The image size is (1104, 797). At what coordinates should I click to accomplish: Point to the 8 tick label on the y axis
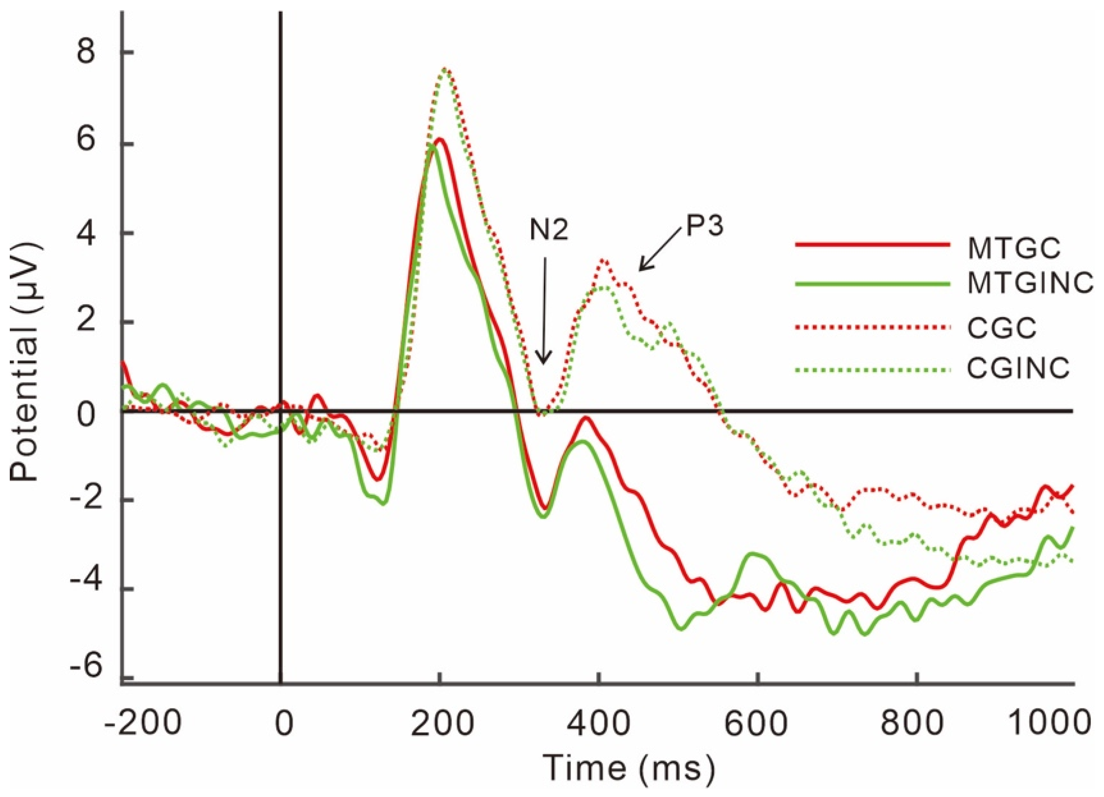click(x=88, y=52)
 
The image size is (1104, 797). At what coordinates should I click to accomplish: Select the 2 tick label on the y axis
click(x=88, y=322)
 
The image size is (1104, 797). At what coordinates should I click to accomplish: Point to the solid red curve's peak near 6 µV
click(x=440, y=139)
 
